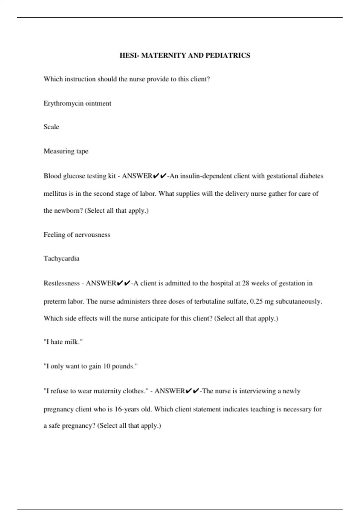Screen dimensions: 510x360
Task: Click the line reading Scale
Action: (x=51, y=127)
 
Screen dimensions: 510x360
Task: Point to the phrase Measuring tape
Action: (x=66, y=151)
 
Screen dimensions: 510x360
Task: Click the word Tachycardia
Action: (x=61, y=259)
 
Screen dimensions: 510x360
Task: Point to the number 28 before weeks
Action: (x=246, y=283)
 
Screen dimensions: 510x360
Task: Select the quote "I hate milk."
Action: (x=63, y=342)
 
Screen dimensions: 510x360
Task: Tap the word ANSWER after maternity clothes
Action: (x=169, y=391)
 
